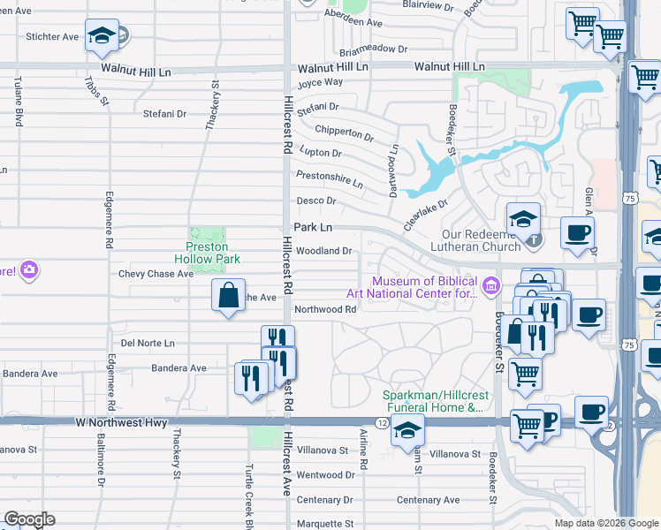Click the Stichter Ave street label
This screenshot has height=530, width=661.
(53, 37)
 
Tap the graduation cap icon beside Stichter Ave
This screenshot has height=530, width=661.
(103, 36)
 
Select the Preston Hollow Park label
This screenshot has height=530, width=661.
(208, 253)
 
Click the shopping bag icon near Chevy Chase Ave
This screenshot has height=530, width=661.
(228, 295)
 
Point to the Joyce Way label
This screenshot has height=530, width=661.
(319, 82)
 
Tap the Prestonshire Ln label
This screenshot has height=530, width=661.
(329, 179)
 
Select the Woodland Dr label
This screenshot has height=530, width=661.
(324, 251)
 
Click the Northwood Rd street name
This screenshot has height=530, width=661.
(325, 309)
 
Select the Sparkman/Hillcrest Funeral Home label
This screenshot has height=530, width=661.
(432, 402)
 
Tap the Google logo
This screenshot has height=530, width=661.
(29, 519)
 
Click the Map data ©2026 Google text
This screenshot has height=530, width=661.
(605, 523)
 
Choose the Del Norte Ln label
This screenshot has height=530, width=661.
(148, 343)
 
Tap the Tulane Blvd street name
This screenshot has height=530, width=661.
(17, 101)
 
